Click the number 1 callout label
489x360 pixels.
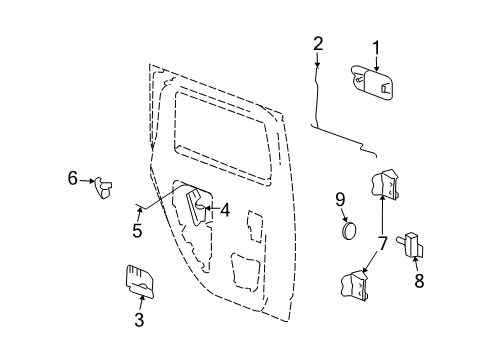tap(377, 46)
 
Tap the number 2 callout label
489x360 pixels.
tap(318, 43)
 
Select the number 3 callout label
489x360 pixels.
tap(139, 320)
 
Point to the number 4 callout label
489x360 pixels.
tap(225, 210)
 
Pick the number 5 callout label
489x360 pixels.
tap(137, 231)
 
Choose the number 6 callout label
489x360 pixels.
tap(72, 178)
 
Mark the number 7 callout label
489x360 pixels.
tap(381, 241)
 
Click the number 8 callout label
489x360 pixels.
tap(419, 281)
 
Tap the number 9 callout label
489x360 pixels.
tap(340, 200)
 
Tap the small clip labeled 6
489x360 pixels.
tap(103, 186)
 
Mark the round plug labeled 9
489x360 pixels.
tap(347, 230)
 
